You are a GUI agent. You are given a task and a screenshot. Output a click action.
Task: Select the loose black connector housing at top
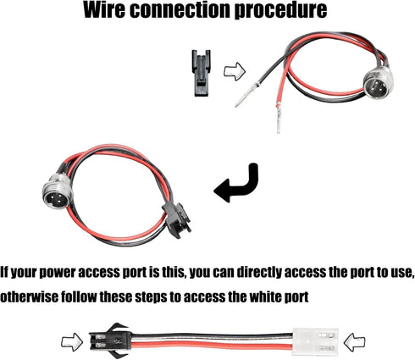tap(202, 73)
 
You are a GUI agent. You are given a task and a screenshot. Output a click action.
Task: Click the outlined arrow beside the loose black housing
tap(235, 71)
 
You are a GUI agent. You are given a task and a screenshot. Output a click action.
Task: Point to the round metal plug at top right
tap(379, 85)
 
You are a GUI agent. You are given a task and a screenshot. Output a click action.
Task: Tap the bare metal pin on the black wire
tap(246, 95)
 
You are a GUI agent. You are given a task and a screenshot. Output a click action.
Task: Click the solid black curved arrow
tap(240, 186)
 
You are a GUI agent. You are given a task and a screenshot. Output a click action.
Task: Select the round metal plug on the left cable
tap(58, 194)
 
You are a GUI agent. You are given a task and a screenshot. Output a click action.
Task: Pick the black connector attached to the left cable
tap(176, 219)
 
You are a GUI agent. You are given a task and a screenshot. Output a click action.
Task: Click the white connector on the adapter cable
tap(315, 341)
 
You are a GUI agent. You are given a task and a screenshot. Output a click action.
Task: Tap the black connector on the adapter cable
tap(111, 341)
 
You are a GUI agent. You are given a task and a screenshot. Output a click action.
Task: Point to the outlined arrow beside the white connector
tap(354, 342)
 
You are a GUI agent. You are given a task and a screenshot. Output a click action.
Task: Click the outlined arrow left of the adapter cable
tap(72, 342)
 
